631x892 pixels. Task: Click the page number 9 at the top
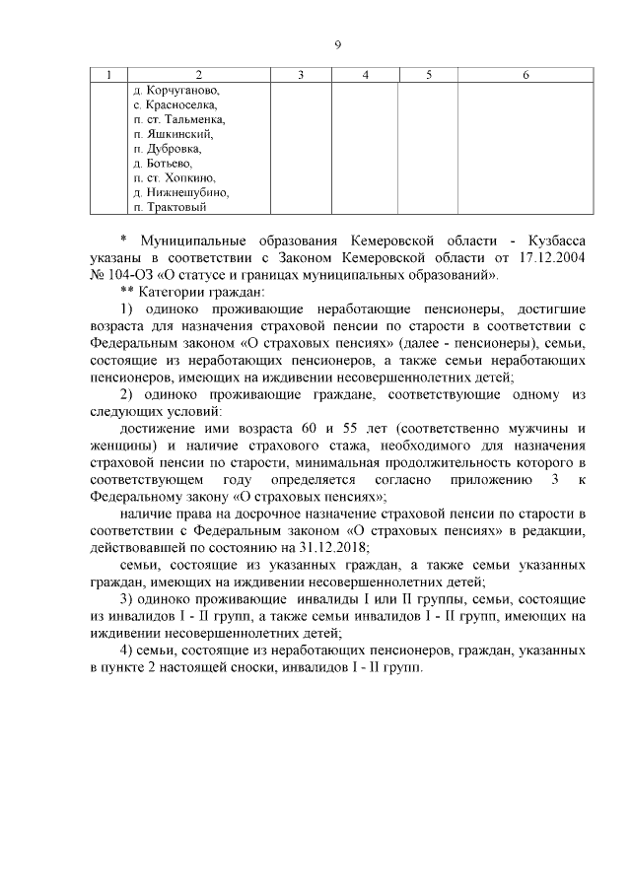(x=337, y=44)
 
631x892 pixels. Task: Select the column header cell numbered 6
(x=526, y=75)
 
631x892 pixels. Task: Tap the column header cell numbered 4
(x=365, y=75)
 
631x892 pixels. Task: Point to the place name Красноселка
(x=181, y=104)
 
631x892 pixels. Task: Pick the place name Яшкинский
(x=178, y=134)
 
